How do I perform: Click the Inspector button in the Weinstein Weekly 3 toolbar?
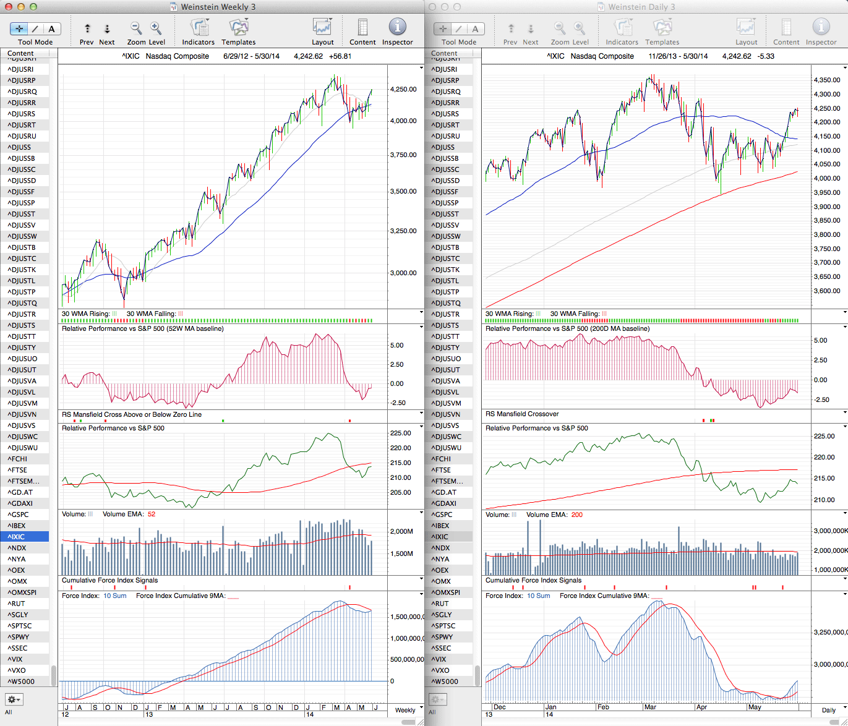[397, 28]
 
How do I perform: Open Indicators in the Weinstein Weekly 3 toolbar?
[198, 28]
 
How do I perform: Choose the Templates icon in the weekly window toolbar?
[238, 28]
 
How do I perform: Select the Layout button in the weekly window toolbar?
[322, 28]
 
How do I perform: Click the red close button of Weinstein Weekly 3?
[8, 7]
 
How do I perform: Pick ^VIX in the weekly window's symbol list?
[15, 659]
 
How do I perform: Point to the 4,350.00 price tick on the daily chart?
[827, 80]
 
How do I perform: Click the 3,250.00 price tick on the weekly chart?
[403, 231]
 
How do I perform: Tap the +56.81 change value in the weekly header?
[340, 56]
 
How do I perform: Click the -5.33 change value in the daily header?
[766, 56]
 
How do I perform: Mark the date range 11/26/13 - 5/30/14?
[678, 56]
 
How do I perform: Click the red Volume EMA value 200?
[576, 515]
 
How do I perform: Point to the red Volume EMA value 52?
[152, 515]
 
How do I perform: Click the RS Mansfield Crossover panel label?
[522, 414]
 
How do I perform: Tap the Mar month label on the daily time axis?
[651, 707]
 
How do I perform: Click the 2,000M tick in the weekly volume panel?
[401, 532]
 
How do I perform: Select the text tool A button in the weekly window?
[51, 29]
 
